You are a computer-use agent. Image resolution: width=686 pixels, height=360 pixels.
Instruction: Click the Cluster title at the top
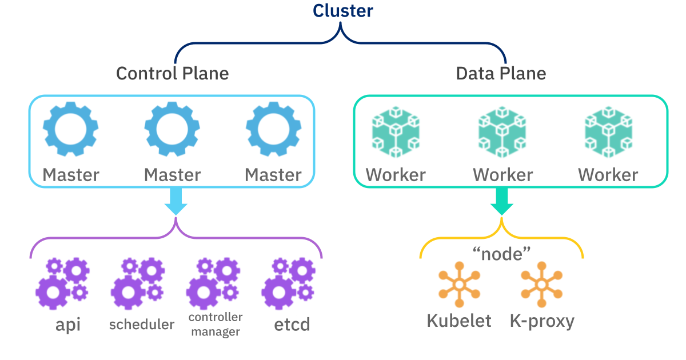342,11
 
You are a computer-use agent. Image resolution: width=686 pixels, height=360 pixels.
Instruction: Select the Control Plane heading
172,74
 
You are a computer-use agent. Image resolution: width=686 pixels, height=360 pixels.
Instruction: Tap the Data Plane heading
501,74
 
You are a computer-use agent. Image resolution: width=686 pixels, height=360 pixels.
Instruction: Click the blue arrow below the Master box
176,201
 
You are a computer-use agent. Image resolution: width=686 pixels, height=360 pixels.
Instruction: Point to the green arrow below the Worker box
501,201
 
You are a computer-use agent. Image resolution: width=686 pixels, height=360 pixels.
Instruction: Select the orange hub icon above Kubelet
458,285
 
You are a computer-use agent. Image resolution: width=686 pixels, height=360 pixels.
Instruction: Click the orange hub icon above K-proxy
541,285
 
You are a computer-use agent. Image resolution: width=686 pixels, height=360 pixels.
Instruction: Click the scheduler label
141,325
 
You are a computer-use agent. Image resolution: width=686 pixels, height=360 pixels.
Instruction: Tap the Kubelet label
459,321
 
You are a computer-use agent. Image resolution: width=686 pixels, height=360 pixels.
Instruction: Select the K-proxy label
541,321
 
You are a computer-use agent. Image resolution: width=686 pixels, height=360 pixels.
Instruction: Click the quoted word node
501,254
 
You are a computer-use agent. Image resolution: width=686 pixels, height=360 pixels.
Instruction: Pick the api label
67,325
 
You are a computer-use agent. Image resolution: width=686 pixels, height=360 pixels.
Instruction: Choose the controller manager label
216,324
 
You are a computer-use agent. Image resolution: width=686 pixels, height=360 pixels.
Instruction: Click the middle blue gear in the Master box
172,130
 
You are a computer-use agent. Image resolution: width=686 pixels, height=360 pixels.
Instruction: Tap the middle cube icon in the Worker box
502,133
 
